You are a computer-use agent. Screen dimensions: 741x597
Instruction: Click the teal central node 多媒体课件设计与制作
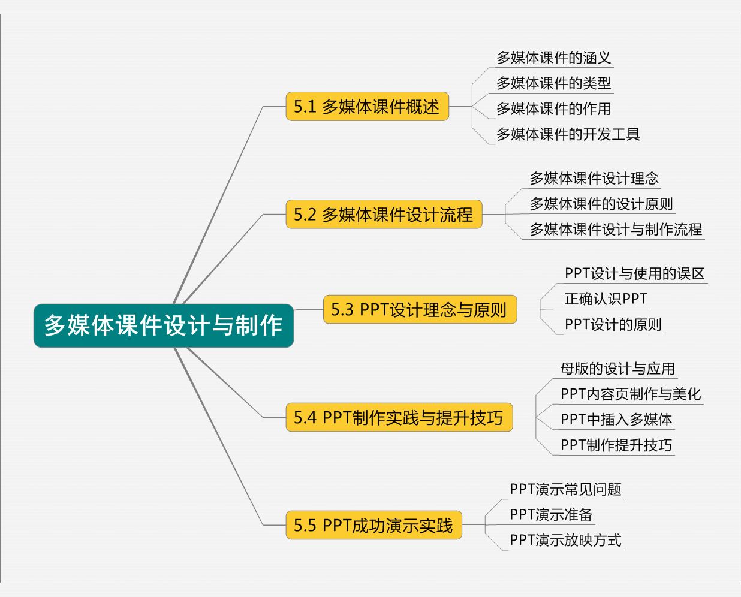point(163,325)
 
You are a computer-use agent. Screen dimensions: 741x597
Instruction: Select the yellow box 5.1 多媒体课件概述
point(367,107)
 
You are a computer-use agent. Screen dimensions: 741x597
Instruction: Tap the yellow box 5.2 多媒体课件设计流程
point(384,214)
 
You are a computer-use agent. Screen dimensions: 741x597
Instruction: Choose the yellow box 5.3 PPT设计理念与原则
point(420,309)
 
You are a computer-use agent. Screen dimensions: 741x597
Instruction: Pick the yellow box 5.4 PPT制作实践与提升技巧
point(399,417)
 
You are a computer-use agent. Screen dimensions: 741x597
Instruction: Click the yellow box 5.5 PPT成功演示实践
point(373,525)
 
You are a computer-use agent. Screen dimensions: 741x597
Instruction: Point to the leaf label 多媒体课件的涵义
point(553,58)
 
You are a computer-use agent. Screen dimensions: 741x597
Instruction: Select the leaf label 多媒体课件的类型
point(553,83)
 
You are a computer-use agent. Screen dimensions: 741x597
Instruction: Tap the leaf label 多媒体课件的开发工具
point(568,134)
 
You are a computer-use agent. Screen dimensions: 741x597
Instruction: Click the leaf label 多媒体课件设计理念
point(594,178)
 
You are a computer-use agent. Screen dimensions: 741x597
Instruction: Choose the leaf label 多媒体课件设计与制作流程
point(616,229)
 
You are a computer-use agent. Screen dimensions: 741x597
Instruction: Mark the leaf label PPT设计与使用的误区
point(634,273)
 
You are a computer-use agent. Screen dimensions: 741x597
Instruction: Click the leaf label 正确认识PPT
point(606,298)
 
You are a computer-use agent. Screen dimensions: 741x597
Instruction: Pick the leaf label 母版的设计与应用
point(617,369)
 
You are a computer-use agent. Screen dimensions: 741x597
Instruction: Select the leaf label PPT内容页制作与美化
point(631,394)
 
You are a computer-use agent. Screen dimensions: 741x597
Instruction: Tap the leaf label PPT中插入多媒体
point(616,420)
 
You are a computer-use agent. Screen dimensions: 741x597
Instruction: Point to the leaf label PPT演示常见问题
point(565,489)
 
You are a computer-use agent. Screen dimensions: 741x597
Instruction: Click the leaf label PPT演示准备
point(551,514)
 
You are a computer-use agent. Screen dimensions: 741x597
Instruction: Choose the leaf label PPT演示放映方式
point(565,540)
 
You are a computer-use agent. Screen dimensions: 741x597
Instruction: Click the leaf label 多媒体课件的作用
point(553,108)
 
